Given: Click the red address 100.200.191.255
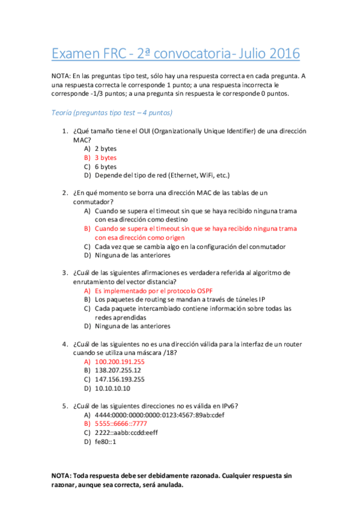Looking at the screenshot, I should click(120, 361).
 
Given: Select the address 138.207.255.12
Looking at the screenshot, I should click(118, 370).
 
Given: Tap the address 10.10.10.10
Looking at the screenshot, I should click(112, 389).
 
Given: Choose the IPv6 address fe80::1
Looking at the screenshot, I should click(105, 442).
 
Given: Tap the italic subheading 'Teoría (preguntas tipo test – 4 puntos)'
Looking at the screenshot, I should click(112, 112).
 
